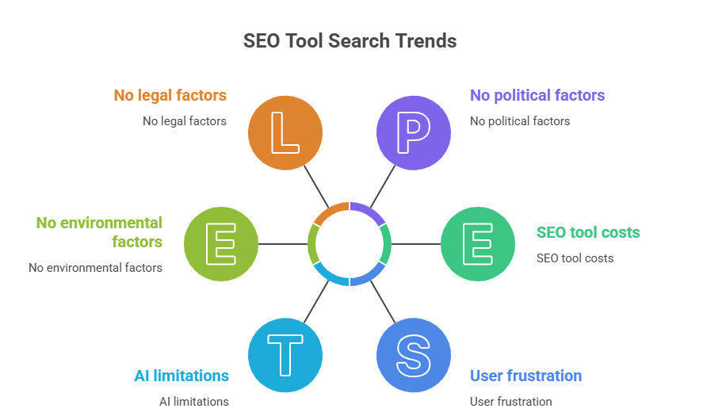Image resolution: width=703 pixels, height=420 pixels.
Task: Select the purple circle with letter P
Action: pyautogui.click(x=413, y=133)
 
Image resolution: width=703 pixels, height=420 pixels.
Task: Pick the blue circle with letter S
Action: pyautogui.click(x=413, y=353)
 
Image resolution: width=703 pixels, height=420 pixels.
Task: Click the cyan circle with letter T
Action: pyautogui.click(x=285, y=353)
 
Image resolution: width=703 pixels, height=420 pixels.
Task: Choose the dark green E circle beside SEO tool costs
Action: pyautogui.click(x=477, y=244)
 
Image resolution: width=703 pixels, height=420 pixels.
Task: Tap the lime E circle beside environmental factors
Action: pyautogui.click(x=221, y=244)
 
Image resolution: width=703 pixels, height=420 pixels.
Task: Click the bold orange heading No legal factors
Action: pyautogui.click(x=170, y=96)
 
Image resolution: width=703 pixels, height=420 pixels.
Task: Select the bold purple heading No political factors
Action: pyautogui.click(x=537, y=96)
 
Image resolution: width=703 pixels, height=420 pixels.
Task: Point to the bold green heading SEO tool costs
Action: pyautogui.click(x=588, y=233)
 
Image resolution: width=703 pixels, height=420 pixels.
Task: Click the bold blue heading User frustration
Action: pyautogui.click(x=525, y=376)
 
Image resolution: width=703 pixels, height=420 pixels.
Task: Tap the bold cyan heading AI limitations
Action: pyautogui.click(x=181, y=376)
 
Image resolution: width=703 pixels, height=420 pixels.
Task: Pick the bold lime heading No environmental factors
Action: pyautogui.click(x=99, y=232)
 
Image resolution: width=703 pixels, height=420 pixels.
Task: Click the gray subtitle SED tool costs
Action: pyautogui.click(x=575, y=258)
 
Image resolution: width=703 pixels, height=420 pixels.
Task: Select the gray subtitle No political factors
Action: pyautogui.click(x=520, y=121)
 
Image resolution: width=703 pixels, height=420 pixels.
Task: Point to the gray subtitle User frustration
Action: pyautogui.click(x=510, y=401)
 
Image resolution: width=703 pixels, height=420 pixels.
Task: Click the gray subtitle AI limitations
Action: pyautogui.click(x=194, y=401)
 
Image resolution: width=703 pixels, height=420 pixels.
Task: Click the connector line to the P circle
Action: pyautogui.click(x=382, y=187)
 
